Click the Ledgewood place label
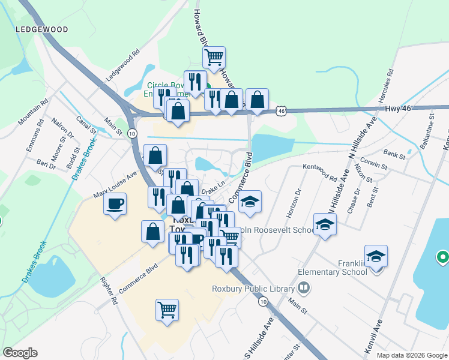pos(42,29)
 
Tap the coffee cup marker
pos(115,203)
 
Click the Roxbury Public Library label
pos(255,288)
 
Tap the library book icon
pos(305,289)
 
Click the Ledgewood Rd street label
pos(122,65)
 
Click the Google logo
pos(20,353)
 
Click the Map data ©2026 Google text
pos(411,355)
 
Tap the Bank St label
pos(394,154)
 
